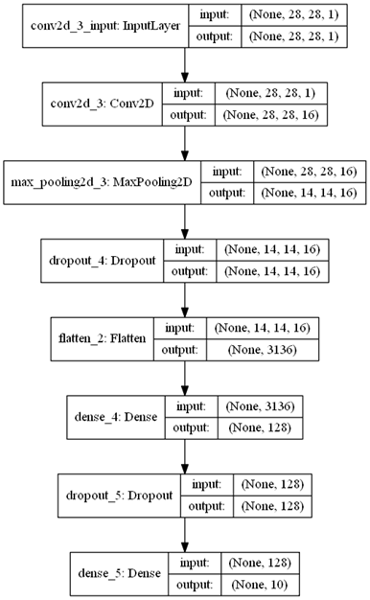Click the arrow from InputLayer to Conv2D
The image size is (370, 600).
tap(184, 64)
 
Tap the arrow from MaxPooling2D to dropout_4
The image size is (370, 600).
tap(184, 220)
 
